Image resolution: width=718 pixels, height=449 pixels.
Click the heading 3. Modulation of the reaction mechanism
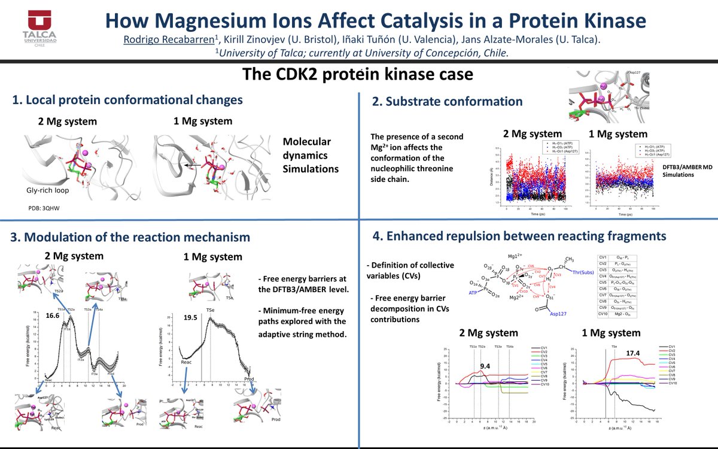130,237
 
